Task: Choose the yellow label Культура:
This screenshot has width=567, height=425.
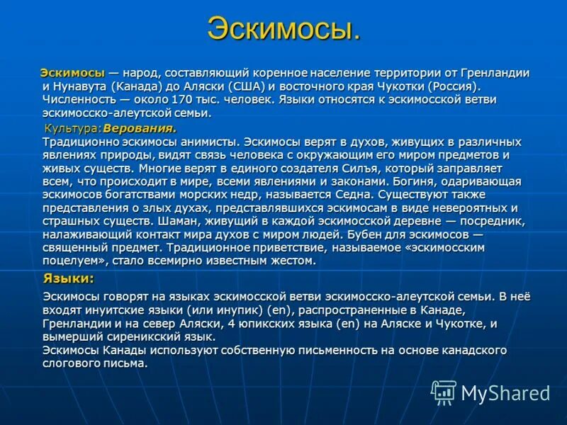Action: tap(73, 129)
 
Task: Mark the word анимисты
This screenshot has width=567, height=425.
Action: tap(206, 142)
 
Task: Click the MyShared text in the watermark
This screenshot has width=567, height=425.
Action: tap(505, 392)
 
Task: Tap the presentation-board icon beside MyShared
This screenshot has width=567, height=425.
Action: tap(444, 392)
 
